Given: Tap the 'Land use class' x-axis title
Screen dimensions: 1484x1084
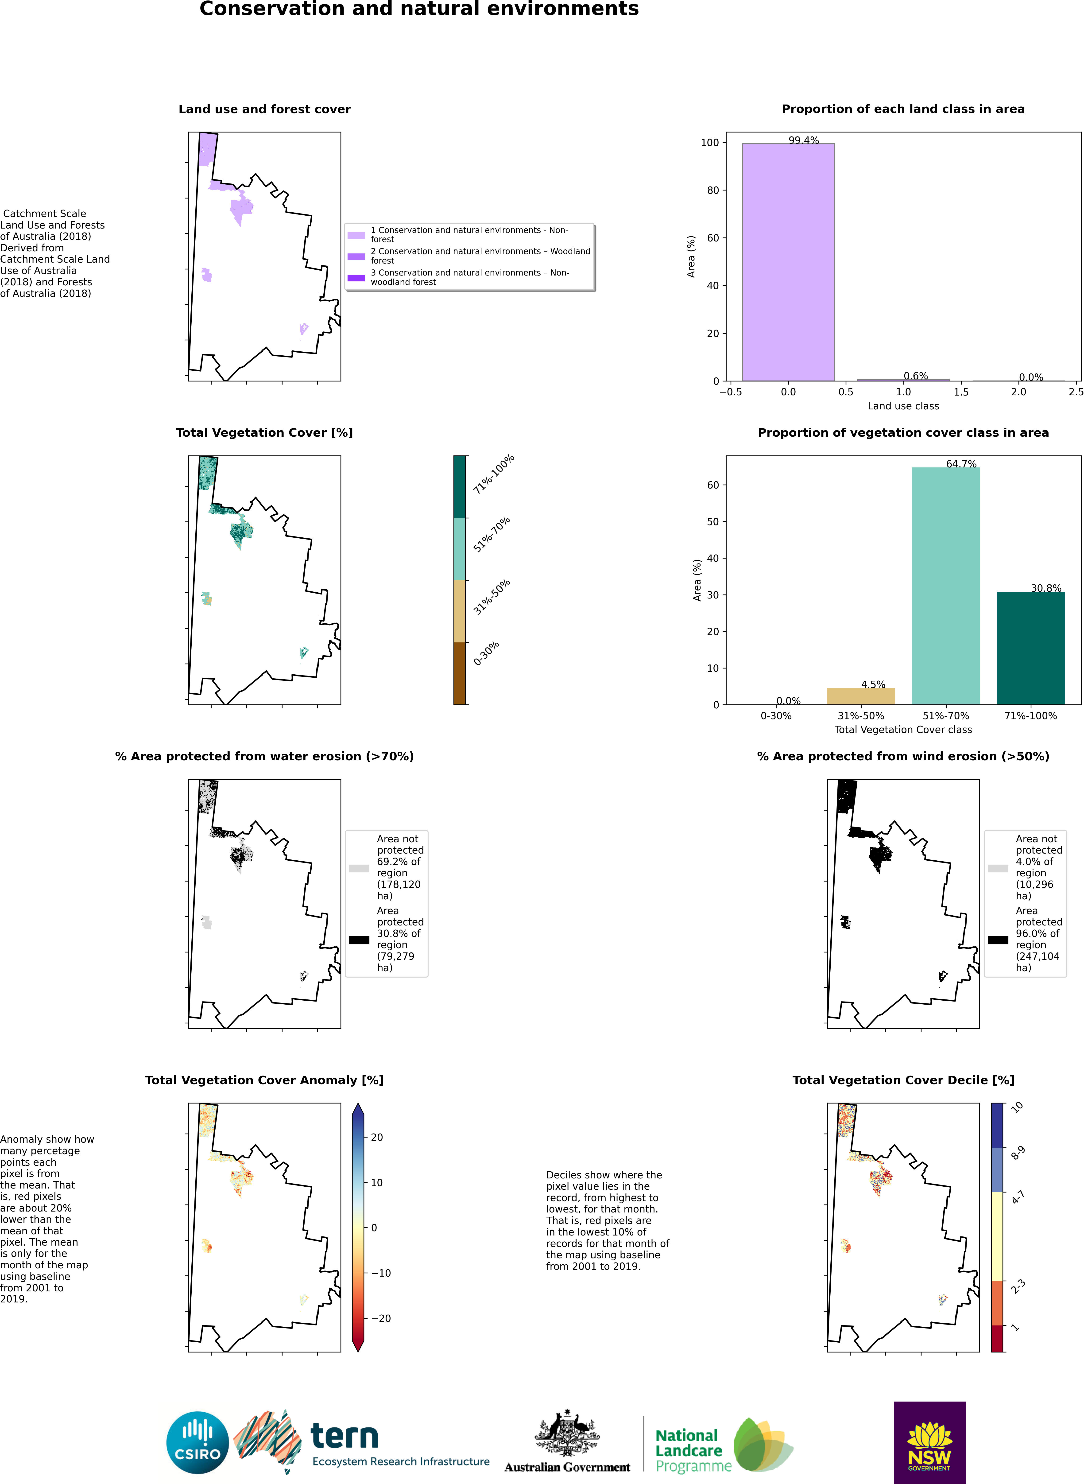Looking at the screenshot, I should [x=903, y=406].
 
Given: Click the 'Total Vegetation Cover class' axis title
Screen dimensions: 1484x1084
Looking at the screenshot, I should [x=903, y=730].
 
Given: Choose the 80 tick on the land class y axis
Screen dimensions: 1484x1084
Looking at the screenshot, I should [x=712, y=190].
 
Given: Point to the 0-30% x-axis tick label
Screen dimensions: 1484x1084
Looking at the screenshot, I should [x=776, y=716].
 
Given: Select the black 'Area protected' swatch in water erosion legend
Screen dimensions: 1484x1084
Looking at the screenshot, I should [x=359, y=940].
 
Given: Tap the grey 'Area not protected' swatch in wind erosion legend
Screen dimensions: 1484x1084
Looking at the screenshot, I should [x=997, y=868].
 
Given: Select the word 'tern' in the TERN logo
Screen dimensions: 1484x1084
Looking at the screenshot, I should [x=345, y=1436].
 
